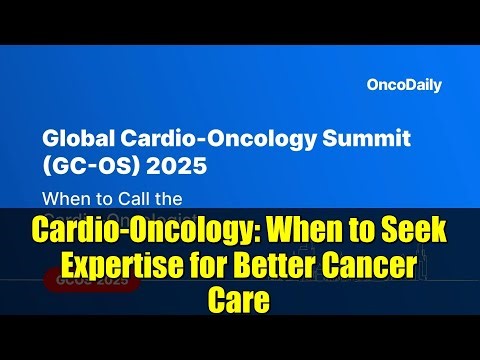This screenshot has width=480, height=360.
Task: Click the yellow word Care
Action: [x=240, y=298]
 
